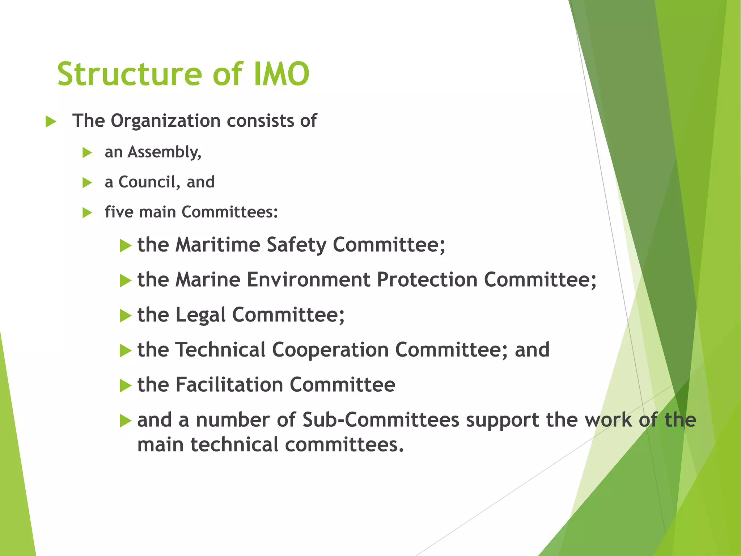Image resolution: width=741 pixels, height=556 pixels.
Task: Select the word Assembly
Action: point(164,152)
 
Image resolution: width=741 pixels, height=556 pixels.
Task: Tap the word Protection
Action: point(427,280)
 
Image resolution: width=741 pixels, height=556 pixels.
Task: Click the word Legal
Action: point(200,315)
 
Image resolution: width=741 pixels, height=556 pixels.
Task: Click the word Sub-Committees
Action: point(381,420)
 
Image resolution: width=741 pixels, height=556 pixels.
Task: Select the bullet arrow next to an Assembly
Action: point(87,153)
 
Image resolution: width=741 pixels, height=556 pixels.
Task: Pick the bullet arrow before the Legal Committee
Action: point(125,316)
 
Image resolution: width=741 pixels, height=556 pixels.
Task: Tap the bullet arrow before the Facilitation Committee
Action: point(125,386)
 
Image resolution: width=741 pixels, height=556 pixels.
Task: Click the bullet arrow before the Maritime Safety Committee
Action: point(125,246)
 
